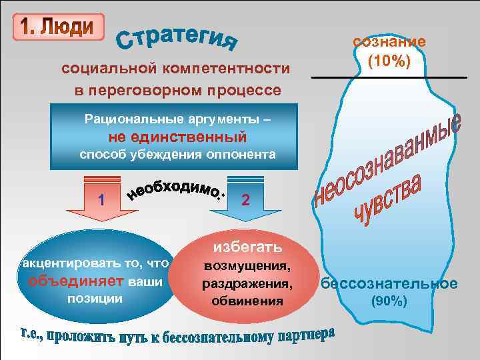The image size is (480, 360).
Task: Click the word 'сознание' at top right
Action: [389, 41]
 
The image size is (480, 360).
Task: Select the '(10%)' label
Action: [389, 61]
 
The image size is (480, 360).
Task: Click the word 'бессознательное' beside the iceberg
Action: [389, 283]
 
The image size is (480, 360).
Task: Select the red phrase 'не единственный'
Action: [178, 137]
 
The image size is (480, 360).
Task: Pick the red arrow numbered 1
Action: [102, 199]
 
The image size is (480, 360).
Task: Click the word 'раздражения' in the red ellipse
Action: [247, 284]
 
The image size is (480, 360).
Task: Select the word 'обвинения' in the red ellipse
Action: [247, 301]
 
